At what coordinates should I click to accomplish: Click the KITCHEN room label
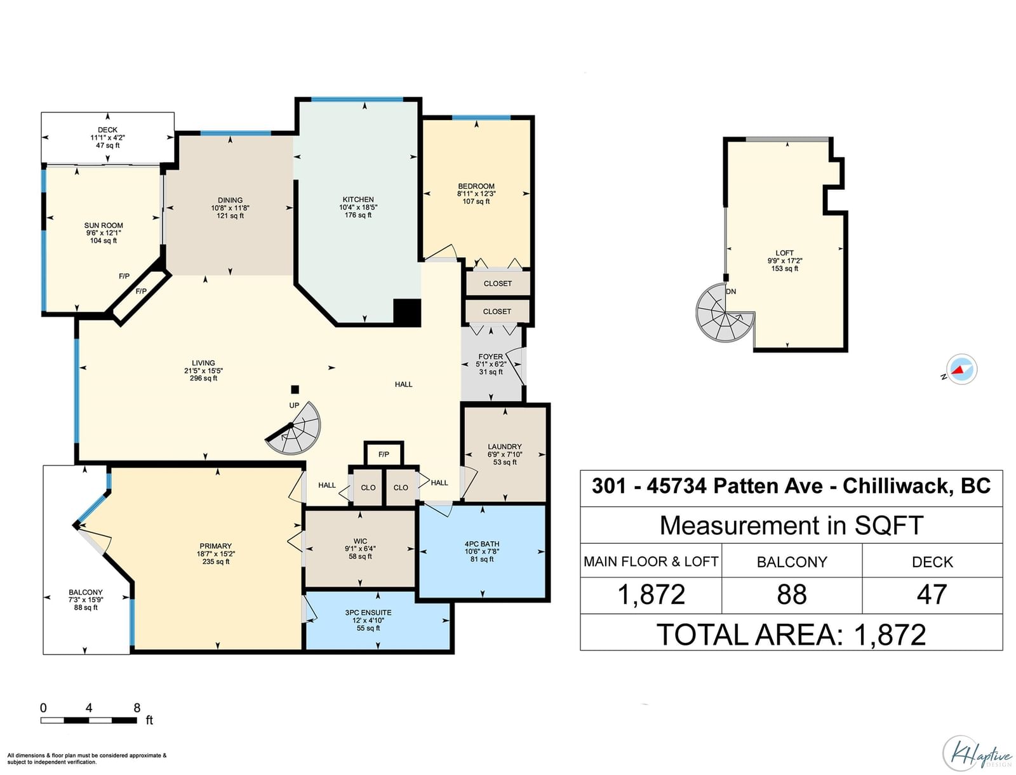pyautogui.click(x=358, y=199)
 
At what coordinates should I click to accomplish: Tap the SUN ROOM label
pyautogui.click(x=104, y=226)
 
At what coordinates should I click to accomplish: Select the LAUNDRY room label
pyautogui.click(x=505, y=447)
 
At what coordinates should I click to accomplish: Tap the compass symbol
pyautogui.click(x=961, y=370)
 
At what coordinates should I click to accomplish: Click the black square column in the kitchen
pyautogui.click(x=407, y=313)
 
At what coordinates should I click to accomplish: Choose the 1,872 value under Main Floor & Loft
pyautogui.click(x=651, y=595)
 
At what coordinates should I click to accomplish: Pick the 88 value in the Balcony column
pyautogui.click(x=791, y=595)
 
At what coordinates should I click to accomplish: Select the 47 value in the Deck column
pyautogui.click(x=932, y=595)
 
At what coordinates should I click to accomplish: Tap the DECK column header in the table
pyautogui.click(x=932, y=562)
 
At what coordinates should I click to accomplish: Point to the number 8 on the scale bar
pyautogui.click(x=137, y=708)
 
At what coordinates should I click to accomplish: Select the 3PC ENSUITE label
pyautogui.click(x=368, y=612)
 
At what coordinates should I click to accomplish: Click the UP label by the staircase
pyautogui.click(x=294, y=405)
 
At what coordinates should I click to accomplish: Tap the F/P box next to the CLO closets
pyautogui.click(x=384, y=454)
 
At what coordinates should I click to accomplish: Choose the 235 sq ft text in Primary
pyautogui.click(x=216, y=562)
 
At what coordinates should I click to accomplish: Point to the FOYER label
pyautogui.click(x=490, y=356)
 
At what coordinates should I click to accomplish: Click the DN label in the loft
pyautogui.click(x=731, y=292)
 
